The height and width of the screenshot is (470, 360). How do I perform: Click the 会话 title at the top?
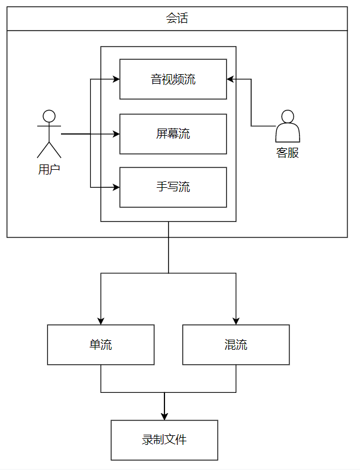click(x=177, y=19)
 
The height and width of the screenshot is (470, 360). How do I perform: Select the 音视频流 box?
click(x=173, y=79)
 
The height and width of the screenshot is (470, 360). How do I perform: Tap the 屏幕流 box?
click(x=173, y=134)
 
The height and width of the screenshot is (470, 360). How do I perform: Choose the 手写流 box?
click(x=173, y=187)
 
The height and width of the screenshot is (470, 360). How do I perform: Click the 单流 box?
click(x=100, y=345)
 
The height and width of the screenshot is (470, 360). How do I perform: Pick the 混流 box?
click(x=236, y=345)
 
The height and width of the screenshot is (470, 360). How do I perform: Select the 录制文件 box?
click(x=164, y=440)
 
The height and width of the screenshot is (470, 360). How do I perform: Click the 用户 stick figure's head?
click(x=49, y=116)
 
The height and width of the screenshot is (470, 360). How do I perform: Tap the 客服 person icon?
click(x=288, y=126)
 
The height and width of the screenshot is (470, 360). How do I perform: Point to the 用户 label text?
click(x=49, y=169)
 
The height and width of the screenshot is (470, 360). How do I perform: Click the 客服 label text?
click(x=288, y=152)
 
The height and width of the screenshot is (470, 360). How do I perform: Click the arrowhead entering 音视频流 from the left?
click(x=116, y=79)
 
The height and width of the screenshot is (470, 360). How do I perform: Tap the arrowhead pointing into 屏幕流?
click(x=116, y=134)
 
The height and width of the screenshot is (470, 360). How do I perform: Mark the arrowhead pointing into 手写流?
click(x=116, y=187)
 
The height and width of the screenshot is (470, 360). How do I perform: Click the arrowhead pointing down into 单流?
click(x=100, y=321)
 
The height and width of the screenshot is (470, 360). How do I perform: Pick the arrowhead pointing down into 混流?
click(x=236, y=321)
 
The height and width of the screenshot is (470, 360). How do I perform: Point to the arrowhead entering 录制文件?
click(x=164, y=416)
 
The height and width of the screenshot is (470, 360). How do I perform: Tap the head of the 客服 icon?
click(x=288, y=115)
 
